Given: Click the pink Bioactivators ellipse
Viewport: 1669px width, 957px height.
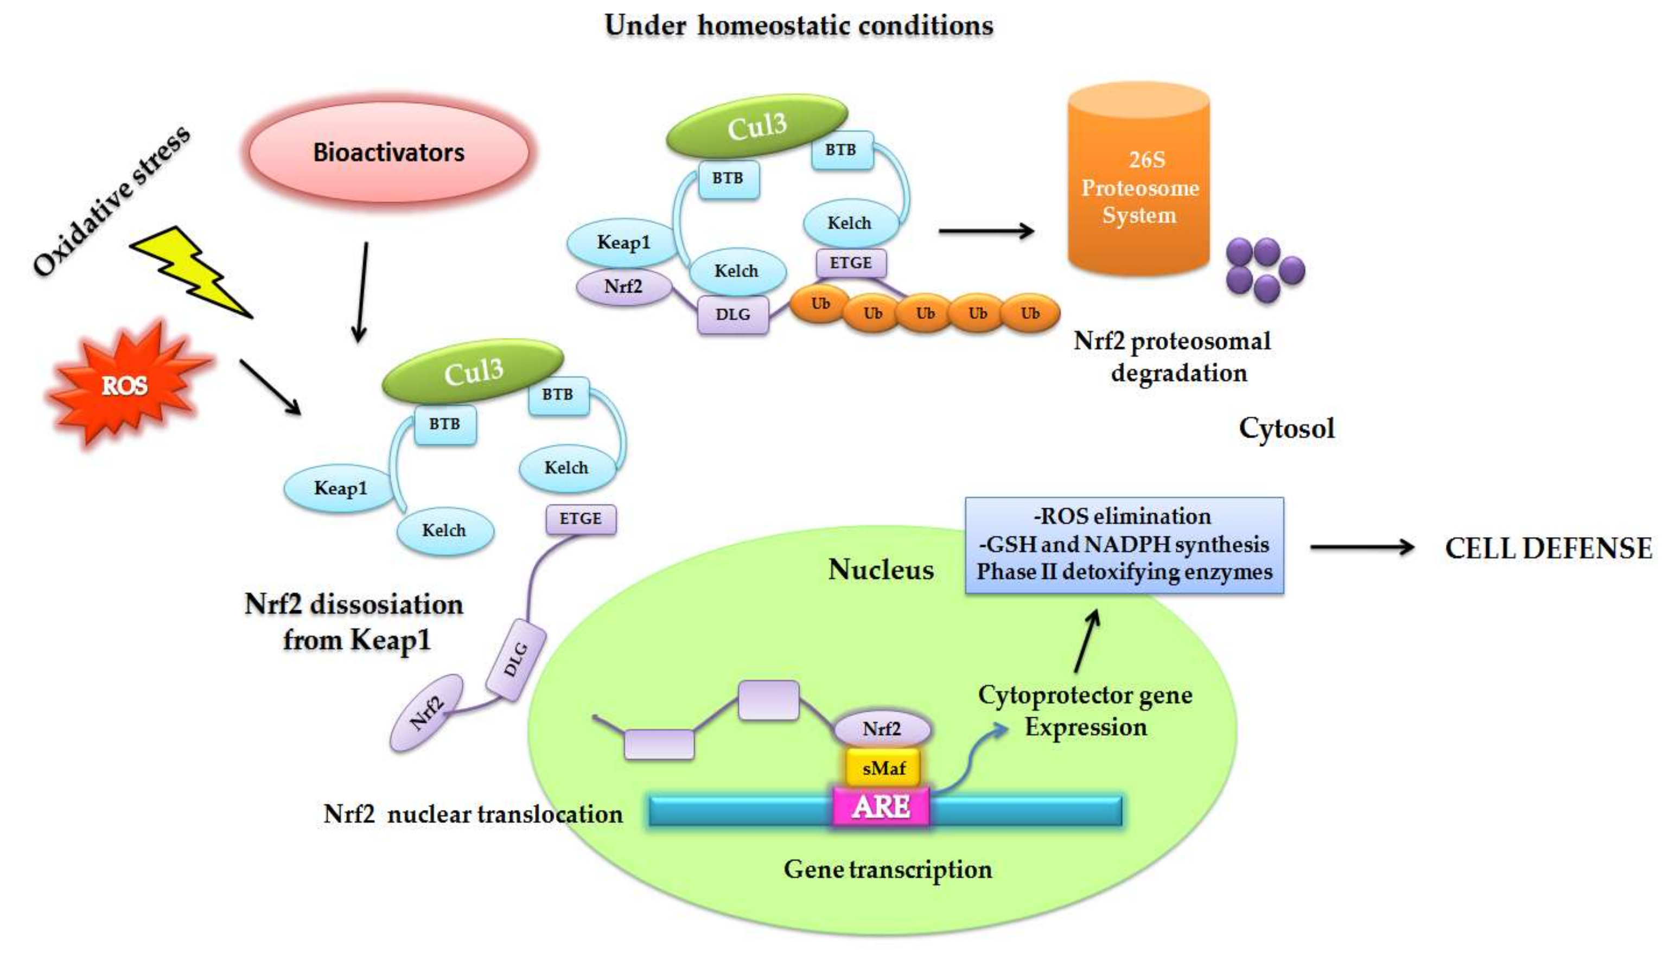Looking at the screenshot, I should [x=389, y=152].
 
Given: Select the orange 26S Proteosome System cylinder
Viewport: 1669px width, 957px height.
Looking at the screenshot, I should [x=1138, y=187].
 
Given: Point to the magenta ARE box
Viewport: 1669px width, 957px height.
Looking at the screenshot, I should [x=881, y=807].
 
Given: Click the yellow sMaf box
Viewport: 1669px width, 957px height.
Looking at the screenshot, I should [x=883, y=767].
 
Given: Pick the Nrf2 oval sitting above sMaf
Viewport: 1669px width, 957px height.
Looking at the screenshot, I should [x=882, y=728].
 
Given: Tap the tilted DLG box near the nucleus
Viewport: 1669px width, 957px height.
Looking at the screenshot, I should [x=516, y=659].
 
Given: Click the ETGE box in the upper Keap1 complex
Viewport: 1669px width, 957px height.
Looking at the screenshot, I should [x=851, y=263].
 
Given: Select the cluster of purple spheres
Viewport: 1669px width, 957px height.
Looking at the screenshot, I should [x=1264, y=270].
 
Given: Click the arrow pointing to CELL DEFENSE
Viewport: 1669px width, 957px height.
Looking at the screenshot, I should [x=1362, y=547].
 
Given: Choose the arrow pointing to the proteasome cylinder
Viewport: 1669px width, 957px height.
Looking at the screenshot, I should [x=986, y=231].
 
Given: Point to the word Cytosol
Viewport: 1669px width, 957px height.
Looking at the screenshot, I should [x=1286, y=428].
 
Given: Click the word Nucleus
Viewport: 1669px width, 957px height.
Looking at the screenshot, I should [x=881, y=569].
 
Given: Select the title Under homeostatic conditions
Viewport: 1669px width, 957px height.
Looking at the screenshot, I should [x=798, y=25].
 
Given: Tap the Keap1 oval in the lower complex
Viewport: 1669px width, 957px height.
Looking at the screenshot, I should [x=339, y=488].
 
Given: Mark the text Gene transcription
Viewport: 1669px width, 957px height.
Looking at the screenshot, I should [x=888, y=869].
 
